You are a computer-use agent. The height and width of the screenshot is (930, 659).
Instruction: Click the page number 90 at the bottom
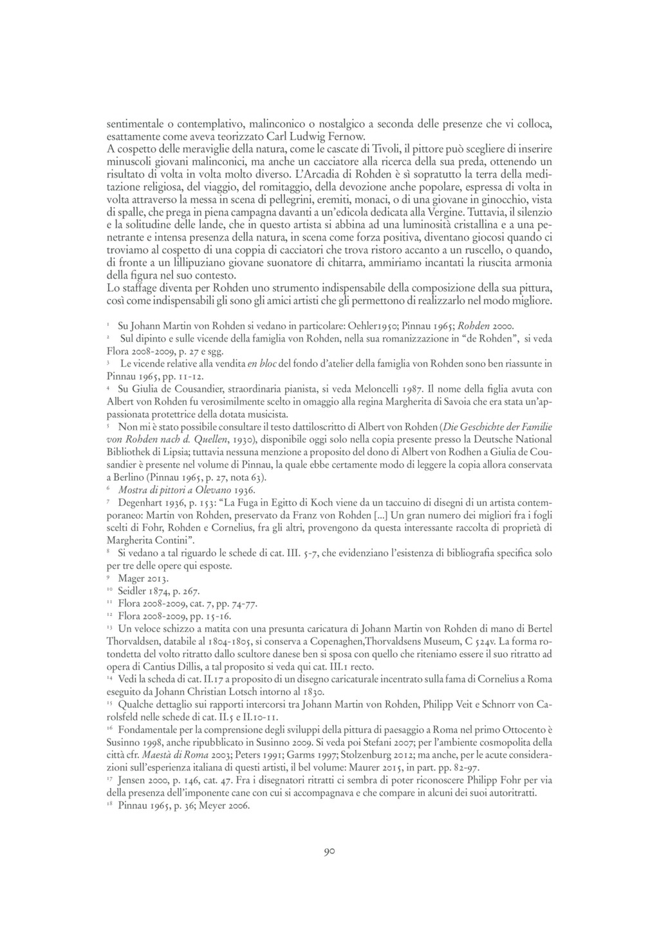pos(329,853)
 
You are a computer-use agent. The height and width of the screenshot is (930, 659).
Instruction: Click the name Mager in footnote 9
pos(131,578)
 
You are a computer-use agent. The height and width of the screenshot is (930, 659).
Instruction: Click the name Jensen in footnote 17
pos(132,779)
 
